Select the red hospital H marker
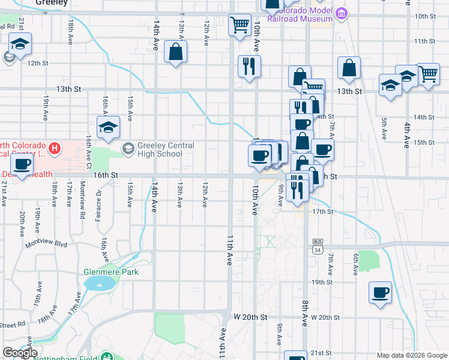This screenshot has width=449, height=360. tap(55, 148)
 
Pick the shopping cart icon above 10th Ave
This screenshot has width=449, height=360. tap(240, 25)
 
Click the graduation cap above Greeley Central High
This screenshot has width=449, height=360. tap(108, 127)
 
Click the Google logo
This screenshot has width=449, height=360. tap(20, 353)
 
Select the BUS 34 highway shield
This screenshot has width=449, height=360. tap(318, 245)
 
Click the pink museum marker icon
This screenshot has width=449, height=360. tap(342, 13)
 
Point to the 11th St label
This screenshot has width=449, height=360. tap(424, 41)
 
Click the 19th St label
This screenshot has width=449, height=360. tap(322, 282)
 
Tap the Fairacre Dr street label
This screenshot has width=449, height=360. tap(98, 203)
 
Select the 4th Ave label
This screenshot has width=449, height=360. tap(406, 135)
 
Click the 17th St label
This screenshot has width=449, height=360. tap(322, 212)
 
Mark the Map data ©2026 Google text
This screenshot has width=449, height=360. tap(412, 355)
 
